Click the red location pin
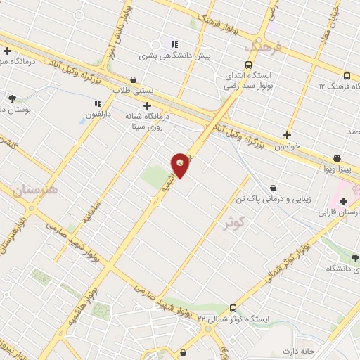pos(180,164)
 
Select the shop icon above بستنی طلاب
pos(134,80)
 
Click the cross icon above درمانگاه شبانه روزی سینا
pos(146,106)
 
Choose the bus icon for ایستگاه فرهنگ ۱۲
pos(347,76)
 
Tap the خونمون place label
pos(286,146)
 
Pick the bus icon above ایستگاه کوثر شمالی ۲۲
pos(233,308)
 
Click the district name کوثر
pos(236,224)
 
